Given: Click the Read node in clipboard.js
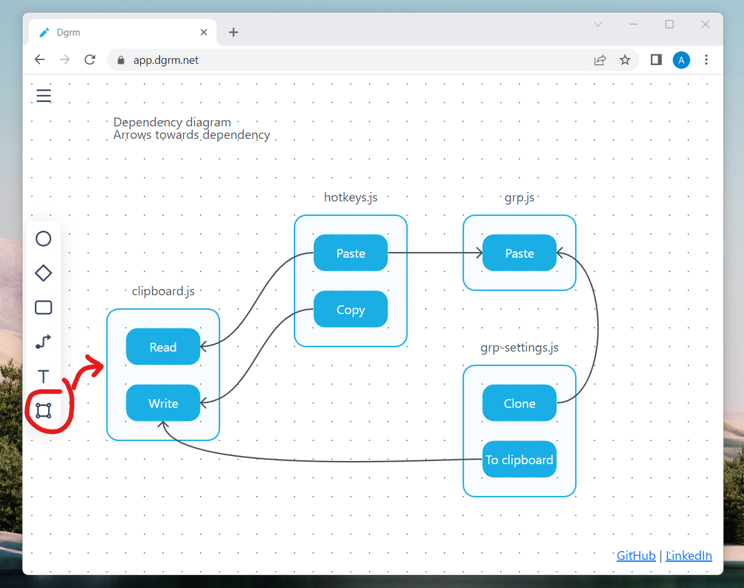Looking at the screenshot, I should click(163, 347).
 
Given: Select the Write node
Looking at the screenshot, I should click(163, 403).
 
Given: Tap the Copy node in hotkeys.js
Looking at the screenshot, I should click(350, 309).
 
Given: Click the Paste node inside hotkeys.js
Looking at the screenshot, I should click(350, 253).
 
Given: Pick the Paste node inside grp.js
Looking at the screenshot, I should click(519, 253).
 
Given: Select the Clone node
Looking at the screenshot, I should click(519, 403).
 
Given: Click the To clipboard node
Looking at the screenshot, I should click(519, 459).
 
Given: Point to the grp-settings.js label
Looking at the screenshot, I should click(519, 347).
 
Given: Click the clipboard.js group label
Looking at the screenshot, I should click(167, 291).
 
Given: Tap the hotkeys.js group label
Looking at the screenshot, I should click(351, 198).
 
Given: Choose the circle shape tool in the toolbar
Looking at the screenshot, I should click(43, 238).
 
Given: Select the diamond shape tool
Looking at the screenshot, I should click(43, 273).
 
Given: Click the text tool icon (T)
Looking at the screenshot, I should click(43, 377).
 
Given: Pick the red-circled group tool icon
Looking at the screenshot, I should click(43, 410).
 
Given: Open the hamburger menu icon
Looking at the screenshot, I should click(44, 96).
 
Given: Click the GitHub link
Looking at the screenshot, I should click(636, 555).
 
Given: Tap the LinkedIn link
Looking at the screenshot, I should click(688, 555).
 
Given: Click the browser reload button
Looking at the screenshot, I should click(89, 60).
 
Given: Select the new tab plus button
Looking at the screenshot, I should click(233, 33).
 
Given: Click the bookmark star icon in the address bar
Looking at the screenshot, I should click(625, 60).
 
